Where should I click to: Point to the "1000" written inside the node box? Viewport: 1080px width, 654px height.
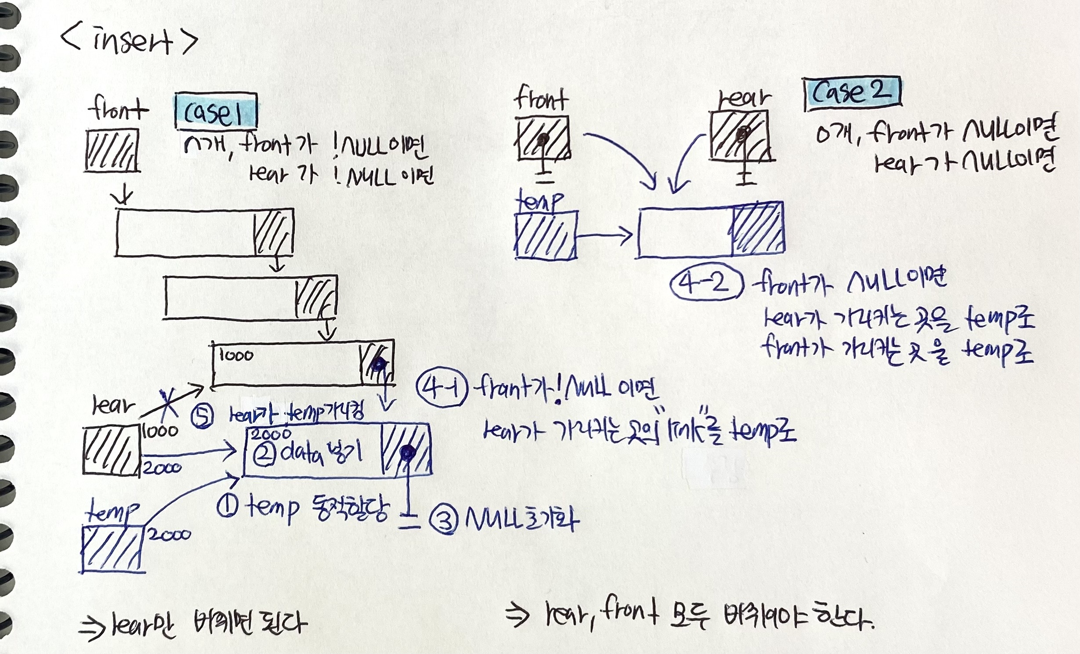tap(236, 355)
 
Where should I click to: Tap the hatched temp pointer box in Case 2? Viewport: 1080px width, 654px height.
tap(545, 235)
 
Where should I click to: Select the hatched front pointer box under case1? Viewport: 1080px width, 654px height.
tap(112, 150)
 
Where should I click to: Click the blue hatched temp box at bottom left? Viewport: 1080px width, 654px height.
tap(112, 549)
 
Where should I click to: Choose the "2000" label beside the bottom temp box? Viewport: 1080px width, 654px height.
tap(169, 535)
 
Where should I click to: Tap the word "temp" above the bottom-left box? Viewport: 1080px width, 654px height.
tap(112, 512)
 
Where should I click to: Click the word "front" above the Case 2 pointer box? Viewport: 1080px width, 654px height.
tap(541, 99)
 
